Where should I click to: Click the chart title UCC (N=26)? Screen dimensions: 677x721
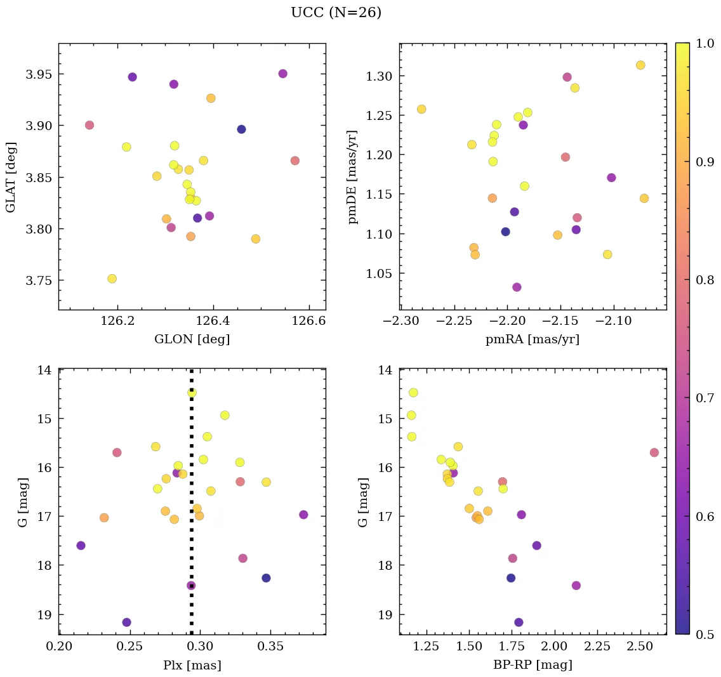tap(336, 13)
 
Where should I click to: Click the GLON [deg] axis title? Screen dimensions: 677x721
tap(192, 339)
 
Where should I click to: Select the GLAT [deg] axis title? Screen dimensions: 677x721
tap(11, 176)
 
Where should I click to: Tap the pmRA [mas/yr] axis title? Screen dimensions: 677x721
tap(532, 339)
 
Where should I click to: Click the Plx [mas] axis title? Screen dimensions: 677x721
tap(192, 666)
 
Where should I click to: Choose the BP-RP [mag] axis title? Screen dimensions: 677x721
tap(532, 666)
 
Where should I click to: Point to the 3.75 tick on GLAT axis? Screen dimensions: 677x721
tap(39, 280)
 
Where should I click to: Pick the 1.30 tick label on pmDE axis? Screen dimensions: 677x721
tap(379, 76)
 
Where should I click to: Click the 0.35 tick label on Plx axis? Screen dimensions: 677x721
tap(271, 648)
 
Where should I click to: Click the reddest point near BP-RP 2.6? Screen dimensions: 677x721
tap(654, 452)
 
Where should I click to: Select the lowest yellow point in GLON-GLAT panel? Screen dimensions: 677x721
tap(112, 279)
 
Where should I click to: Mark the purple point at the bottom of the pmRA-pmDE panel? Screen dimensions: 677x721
tap(517, 287)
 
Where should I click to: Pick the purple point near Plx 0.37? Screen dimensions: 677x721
tap(303, 515)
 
